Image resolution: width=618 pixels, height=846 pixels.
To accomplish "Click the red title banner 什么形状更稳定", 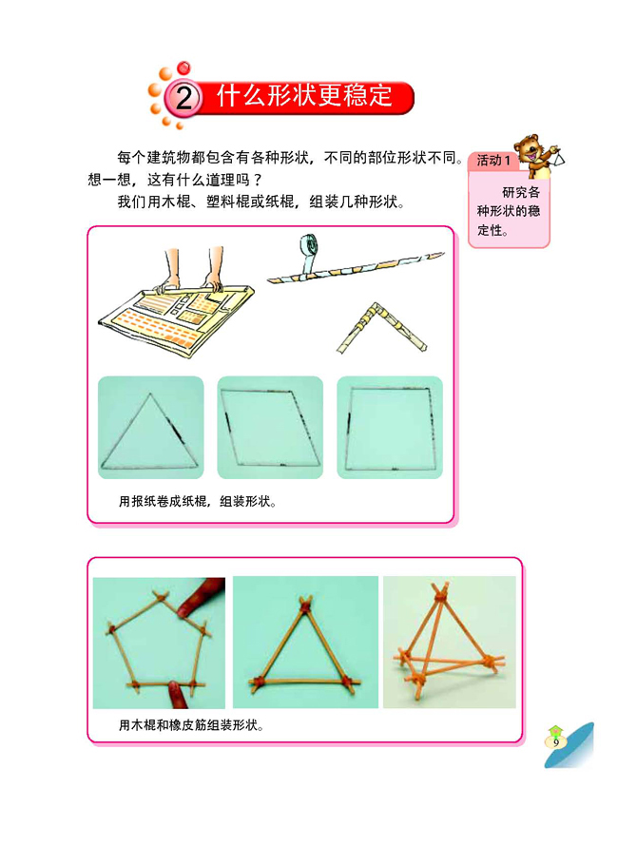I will coord(304,96).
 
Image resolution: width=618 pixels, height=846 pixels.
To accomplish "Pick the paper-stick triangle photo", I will coord(150,427).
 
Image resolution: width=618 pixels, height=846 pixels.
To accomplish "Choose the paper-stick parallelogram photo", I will coord(270,427).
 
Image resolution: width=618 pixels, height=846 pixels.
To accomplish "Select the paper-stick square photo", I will coord(390,427).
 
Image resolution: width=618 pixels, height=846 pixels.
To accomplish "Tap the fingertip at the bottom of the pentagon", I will coord(174,692).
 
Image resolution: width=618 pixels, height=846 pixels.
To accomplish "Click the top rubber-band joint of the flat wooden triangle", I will coord(305,603).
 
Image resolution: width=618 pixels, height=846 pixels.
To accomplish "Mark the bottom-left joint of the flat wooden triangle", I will coord(258,681).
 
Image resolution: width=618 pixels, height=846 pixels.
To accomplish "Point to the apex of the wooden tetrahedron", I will coord(440,593).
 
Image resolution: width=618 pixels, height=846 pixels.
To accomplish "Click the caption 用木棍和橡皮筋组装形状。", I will coord(190,725).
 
